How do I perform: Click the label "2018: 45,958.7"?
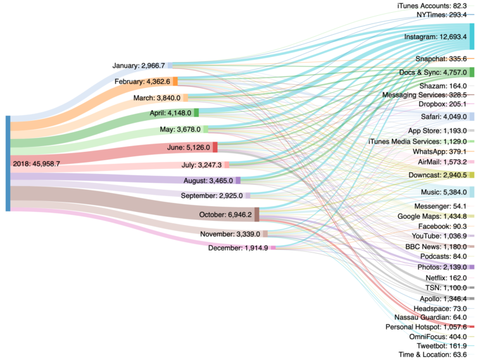(36, 163)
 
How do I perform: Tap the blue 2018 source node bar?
(7, 163)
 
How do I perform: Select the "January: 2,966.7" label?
(139, 65)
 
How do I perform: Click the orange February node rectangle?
(175, 81)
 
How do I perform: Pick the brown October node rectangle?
(256, 214)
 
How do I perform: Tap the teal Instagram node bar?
(472, 37)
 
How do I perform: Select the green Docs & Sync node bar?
(472, 72)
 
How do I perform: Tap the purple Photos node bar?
(471, 267)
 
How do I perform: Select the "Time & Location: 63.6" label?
(433, 355)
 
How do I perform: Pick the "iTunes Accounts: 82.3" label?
(432, 5)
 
